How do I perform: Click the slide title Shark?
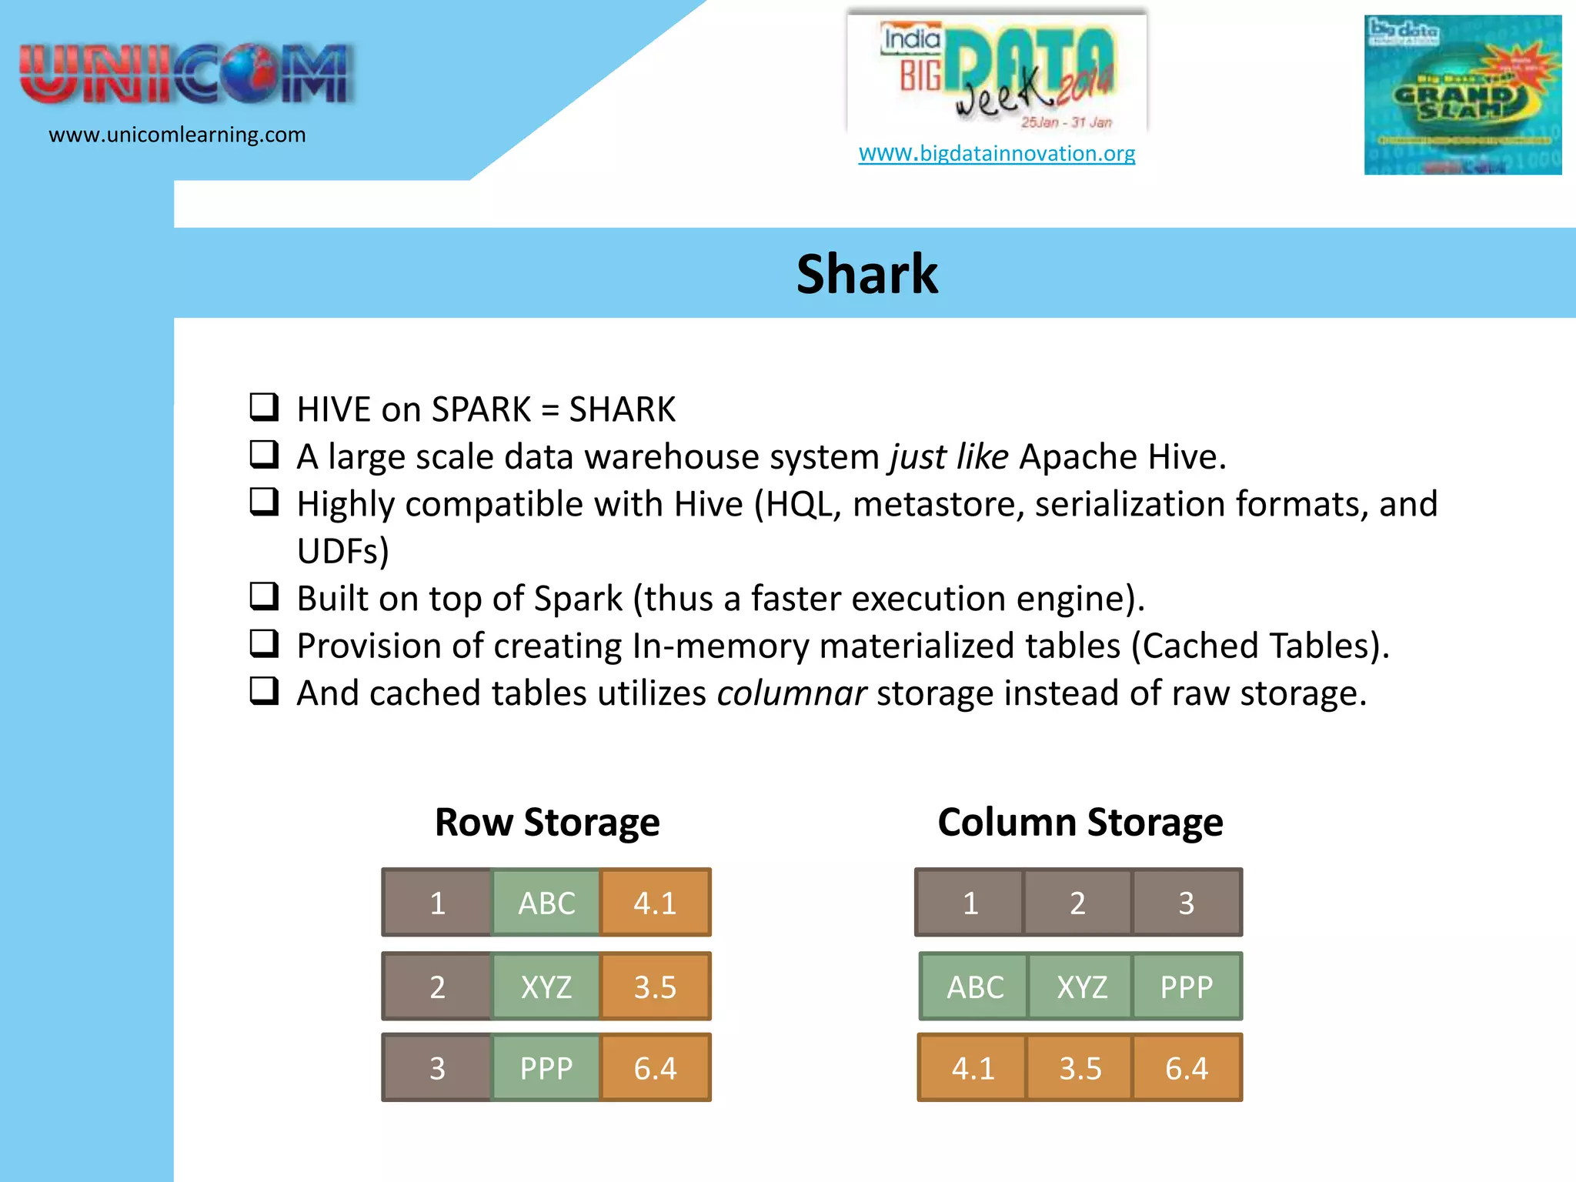coord(866,274)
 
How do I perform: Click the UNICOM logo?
coord(187,75)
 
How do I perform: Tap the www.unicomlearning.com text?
coord(177,135)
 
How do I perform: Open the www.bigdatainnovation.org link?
coord(997,153)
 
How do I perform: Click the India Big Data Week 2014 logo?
coord(997,73)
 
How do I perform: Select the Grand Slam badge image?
coord(1462,95)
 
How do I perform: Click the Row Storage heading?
coord(547,822)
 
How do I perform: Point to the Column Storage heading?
coord(1080,822)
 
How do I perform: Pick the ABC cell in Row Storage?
coord(546,903)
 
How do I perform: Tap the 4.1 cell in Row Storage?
coord(655,903)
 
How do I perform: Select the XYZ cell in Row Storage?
coord(546,987)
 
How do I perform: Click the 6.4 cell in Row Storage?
coord(655,1068)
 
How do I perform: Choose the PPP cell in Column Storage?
coord(1186,987)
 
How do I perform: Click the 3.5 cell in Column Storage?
coord(1080,1068)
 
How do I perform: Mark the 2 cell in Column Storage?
coord(1077,903)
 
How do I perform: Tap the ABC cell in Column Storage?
coord(975,987)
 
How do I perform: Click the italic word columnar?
coord(792,693)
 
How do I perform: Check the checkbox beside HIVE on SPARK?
coord(264,407)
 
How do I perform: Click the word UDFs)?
coord(343,551)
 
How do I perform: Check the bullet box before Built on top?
coord(264,596)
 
